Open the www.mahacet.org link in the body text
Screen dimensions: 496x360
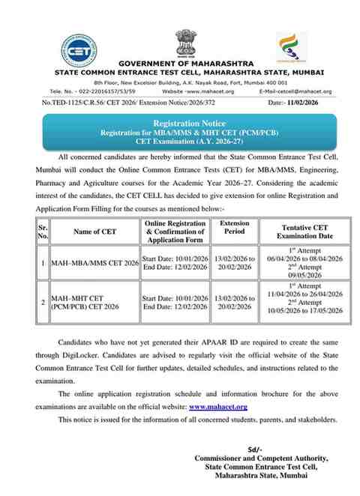point(217,405)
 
